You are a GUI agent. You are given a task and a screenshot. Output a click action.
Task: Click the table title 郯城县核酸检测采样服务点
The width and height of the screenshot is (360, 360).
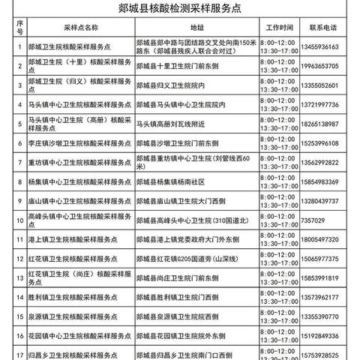tap(180, 10)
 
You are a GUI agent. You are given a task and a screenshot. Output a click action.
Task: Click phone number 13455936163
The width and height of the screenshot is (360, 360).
tap(328, 46)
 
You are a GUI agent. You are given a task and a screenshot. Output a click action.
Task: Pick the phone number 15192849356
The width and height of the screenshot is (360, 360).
tap(328, 337)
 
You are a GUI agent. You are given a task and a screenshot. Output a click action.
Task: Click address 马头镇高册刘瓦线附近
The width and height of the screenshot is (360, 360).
tap(176, 123)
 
